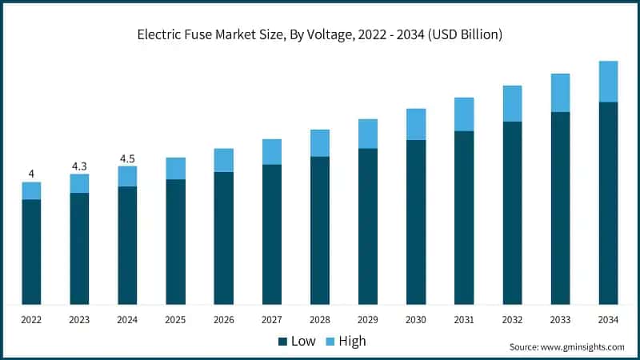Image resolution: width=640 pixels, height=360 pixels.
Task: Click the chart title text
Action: pyautogui.click(x=320, y=35)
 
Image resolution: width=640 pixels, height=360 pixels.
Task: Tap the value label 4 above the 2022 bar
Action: pyautogui.click(x=31, y=174)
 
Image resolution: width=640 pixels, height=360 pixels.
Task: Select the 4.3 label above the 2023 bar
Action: pyautogui.click(x=79, y=166)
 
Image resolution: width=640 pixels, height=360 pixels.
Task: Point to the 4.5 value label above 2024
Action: pyautogui.click(x=127, y=158)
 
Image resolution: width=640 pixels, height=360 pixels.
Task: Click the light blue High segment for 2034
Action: pyautogui.click(x=608, y=82)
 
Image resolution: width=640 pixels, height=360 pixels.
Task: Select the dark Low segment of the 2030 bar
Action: pyautogui.click(x=416, y=222)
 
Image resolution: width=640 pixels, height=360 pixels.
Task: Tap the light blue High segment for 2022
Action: pyautogui.click(x=31, y=190)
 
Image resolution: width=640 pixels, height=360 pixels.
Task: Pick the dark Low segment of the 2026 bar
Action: pyautogui.click(x=224, y=238)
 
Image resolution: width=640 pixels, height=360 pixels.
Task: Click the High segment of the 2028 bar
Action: pyautogui.click(x=320, y=142)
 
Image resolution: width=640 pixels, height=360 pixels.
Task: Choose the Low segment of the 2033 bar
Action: pyautogui.click(x=560, y=208)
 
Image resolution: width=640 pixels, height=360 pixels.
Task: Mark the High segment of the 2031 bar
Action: pyautogui.click(x=464, y=114)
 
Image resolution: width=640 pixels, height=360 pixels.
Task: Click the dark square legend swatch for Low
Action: pyautogui.click(x=282, y=342)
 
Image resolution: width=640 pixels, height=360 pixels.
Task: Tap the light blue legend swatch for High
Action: pyautogui.click(x=330, y=342)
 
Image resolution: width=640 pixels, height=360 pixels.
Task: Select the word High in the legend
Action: pyautogui.click(x=352, y=341)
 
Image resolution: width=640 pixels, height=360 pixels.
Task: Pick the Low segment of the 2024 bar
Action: pyautogui.click(x=127, y=245)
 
